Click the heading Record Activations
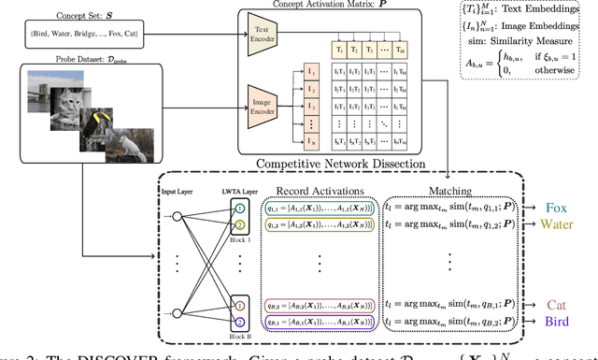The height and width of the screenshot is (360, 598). [319, 191]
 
